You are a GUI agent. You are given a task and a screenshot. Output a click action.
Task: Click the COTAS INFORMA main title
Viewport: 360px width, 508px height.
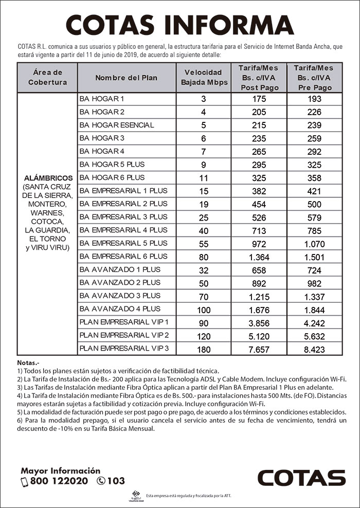[x=179, y=24]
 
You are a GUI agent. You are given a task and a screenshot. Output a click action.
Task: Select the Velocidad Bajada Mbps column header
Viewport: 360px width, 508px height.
[x=203, y=78]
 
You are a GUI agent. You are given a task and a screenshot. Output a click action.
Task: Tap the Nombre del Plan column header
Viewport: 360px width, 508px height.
[x=126, y=78]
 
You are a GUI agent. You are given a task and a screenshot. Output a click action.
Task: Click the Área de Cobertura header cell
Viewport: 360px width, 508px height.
[x=47, y=78]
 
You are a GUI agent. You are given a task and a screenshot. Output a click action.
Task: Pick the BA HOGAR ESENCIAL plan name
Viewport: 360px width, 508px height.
[x=116, y=125]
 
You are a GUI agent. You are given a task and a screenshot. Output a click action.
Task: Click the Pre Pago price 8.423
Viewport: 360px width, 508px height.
[x=314, y=350]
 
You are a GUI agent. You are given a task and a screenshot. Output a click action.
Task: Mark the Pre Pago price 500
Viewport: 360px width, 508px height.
[x=314, y=204]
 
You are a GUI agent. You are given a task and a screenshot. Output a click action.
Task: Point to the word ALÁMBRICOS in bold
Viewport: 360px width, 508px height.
[x=47, y=178]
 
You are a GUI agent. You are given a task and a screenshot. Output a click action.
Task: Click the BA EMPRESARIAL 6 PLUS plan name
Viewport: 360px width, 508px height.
[x=123, y=257]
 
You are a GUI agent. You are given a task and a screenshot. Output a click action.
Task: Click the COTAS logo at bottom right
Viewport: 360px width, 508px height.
[x=301, y=478]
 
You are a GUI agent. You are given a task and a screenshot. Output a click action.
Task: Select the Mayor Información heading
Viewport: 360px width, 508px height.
[x=61, y=470]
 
